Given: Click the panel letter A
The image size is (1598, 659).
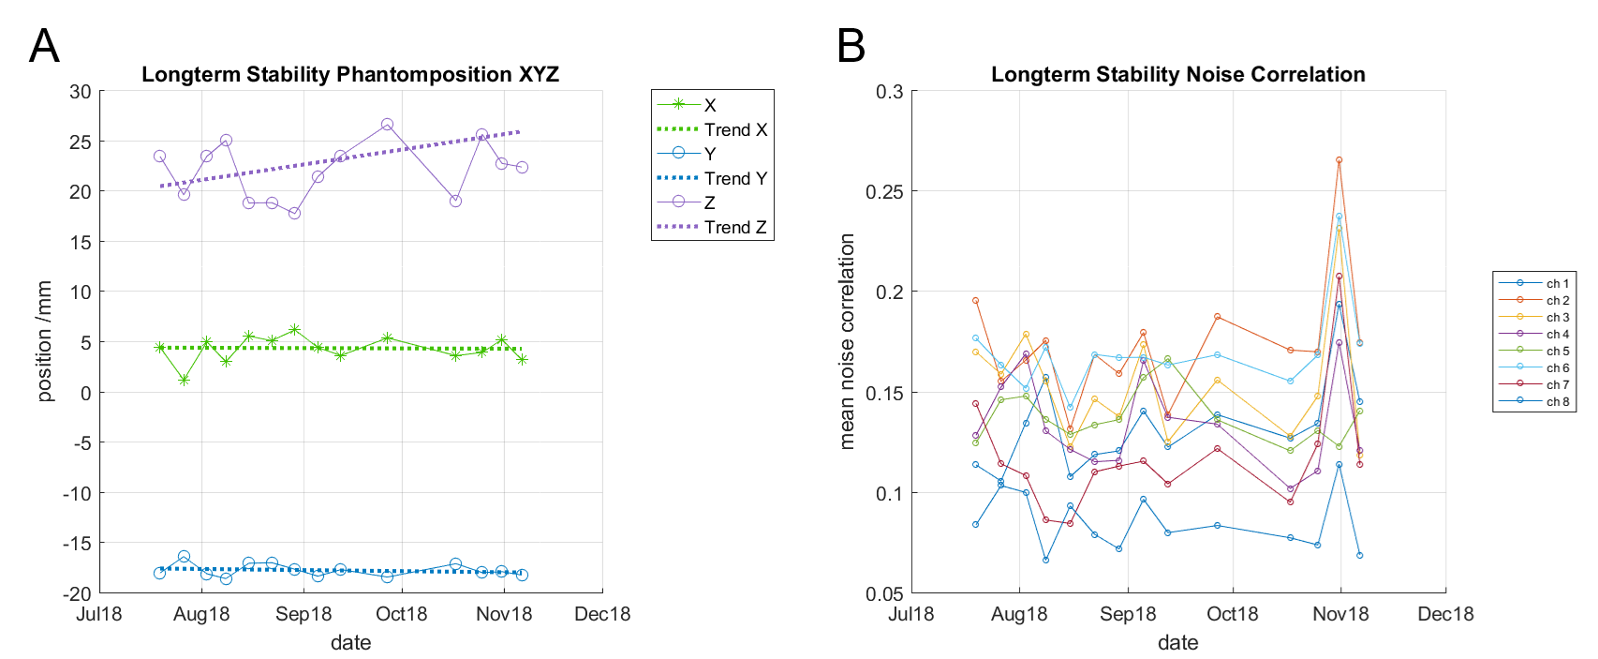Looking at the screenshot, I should point(44,46).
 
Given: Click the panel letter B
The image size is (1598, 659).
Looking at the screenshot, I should point(851,46).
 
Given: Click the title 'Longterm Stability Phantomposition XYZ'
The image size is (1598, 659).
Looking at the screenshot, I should point(350,75).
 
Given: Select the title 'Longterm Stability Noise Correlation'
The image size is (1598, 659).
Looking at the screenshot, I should point(1177,75).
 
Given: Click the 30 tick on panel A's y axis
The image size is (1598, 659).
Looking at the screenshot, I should point(81,92).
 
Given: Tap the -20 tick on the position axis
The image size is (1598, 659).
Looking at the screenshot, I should point(77,593).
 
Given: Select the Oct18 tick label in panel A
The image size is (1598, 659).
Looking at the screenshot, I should point(401,615).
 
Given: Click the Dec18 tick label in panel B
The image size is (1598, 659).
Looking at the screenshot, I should point(1445,615).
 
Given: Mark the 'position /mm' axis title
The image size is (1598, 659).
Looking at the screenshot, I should point(44,341).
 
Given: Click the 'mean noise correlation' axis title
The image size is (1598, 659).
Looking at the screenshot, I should point(848,341).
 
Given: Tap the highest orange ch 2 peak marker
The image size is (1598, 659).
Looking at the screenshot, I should point(1339,160).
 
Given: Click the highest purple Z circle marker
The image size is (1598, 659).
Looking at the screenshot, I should point(387,125).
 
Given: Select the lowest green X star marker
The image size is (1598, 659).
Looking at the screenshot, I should point(185,380).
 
